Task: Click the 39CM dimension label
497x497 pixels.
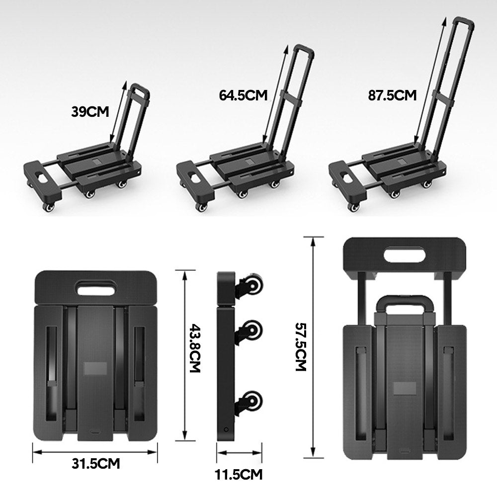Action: (89, 111)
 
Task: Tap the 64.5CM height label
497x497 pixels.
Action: (243, 95)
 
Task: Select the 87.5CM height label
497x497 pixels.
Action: (392, 95)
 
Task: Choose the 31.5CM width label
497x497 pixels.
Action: (95, 464)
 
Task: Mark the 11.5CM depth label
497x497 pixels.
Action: (239, 474)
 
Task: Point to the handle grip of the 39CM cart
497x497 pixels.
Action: (140, 90)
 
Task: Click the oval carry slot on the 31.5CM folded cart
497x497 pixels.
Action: (94, 287)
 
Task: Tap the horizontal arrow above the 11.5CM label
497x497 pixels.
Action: (239, 452)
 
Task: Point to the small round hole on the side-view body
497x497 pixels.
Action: (226, 429)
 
